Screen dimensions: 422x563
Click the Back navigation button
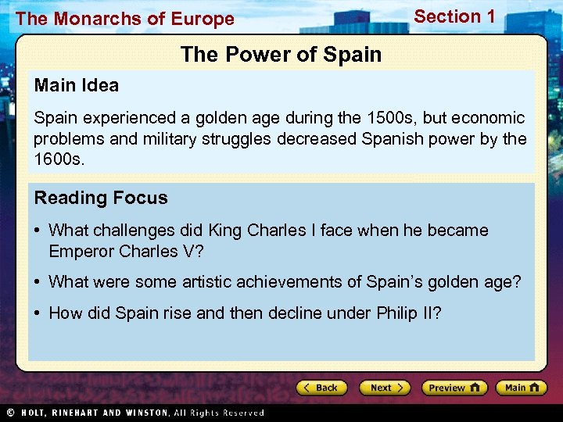coord(321,388)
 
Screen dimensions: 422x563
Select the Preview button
coord(454,388)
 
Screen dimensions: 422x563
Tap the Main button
coord(522,388)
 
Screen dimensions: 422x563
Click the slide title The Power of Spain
coord(281,55)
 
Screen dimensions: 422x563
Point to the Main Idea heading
coord(77,85)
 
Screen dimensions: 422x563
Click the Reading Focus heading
coord(101,198)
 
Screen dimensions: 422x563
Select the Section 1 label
coord(454,16)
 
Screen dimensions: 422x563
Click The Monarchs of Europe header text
coord(125,20)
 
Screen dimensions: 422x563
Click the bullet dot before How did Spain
coord(38,313)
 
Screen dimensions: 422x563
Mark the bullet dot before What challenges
coord(38,231)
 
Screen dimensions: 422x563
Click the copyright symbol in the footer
coord(11,412)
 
